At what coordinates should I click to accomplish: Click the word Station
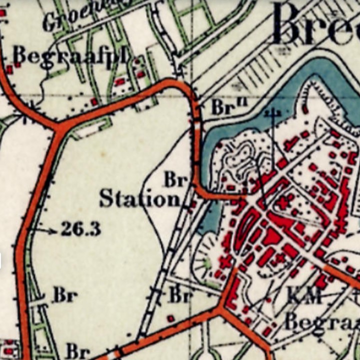(139, 198)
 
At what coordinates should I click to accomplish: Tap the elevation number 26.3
(81, 229)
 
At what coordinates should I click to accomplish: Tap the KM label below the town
(303, 296)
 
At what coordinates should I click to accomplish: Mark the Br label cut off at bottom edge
(78, 350)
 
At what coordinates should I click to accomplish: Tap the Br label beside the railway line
(180, 295)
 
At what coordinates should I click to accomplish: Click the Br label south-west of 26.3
(65, 295)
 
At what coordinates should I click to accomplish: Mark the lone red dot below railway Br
(170, 318)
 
